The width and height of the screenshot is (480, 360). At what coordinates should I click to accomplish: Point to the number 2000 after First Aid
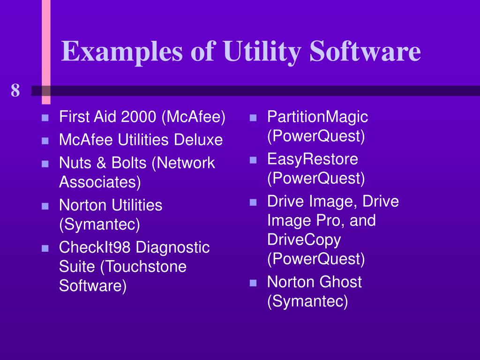pyautogui.click(x=138, y=117)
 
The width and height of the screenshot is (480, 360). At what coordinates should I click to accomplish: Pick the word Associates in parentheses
pyautogui.click(x=99, y=182)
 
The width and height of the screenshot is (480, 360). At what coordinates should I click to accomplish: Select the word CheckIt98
pyautogui.click(x=95, y=247)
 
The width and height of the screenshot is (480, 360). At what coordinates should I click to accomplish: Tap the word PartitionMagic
pyautogui.click(x=317, y=117)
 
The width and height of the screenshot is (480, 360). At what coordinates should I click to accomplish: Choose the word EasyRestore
pyautogui.click(x=313, y=159)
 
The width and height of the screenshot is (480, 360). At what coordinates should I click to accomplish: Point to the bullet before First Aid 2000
pyautogui.click(x=45, y=118)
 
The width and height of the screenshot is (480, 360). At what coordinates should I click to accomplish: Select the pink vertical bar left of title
pyautogui.click(x=46, y=52)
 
